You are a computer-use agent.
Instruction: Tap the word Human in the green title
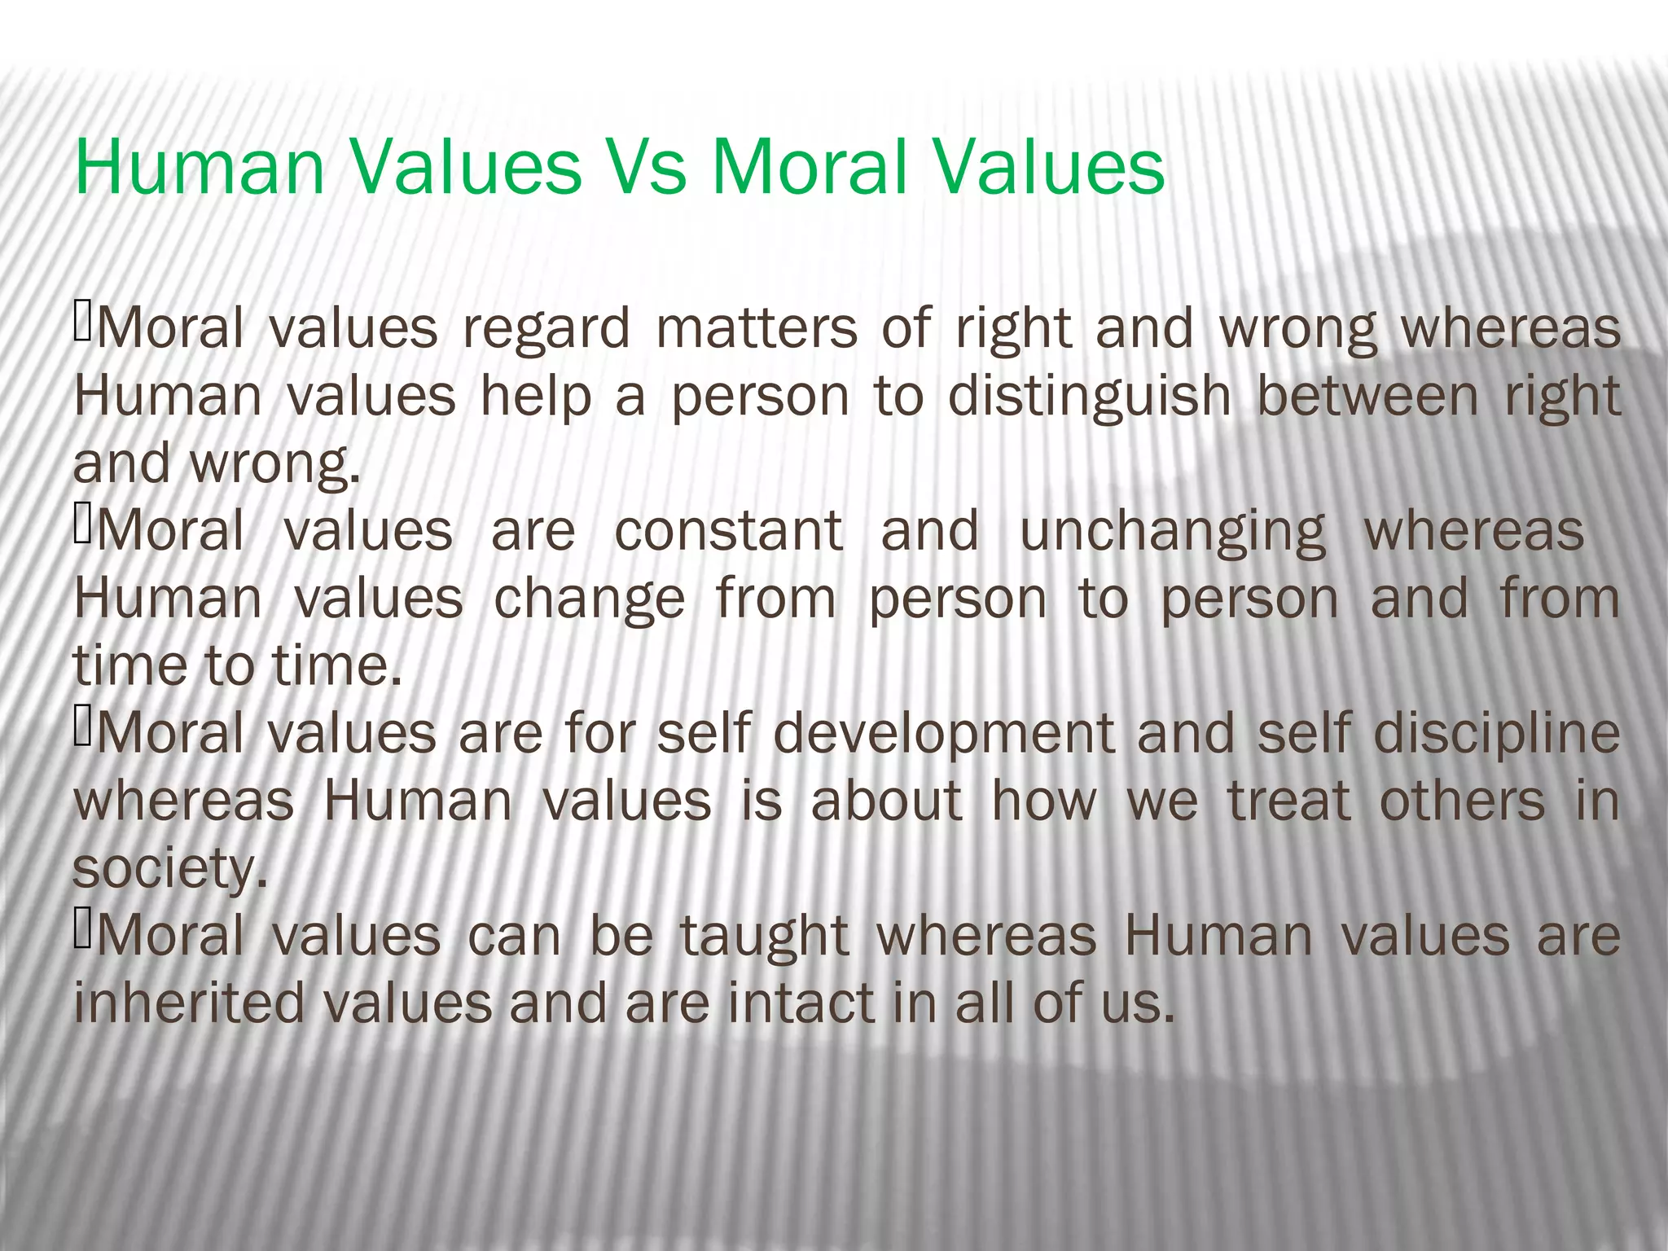[x=200, y=168]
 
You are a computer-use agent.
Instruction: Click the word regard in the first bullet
[x=546, y=330]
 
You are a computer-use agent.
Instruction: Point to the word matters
[x=757, y=328]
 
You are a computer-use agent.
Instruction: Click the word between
[x=1367, y=396]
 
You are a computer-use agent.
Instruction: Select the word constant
[x=729, y=531]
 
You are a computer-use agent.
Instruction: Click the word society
[x=169, y=870]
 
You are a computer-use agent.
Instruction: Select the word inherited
[x=189, y=1003]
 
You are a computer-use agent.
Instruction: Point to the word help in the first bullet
[x=535, y=397]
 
